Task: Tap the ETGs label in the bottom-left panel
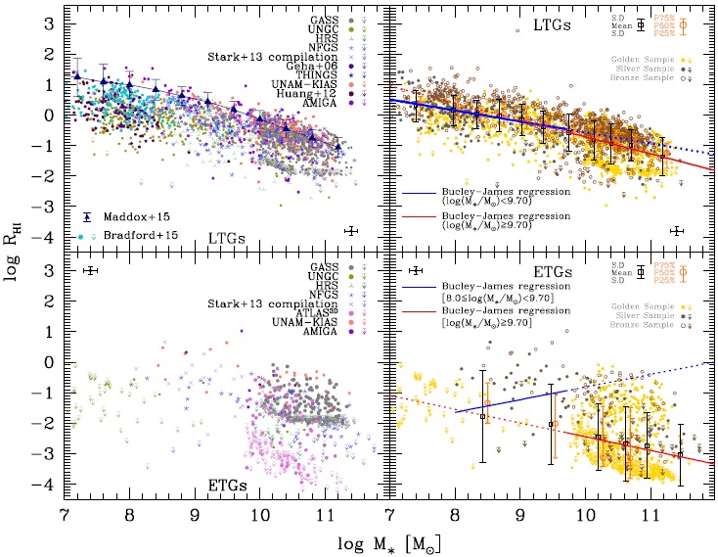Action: (226, 483)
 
